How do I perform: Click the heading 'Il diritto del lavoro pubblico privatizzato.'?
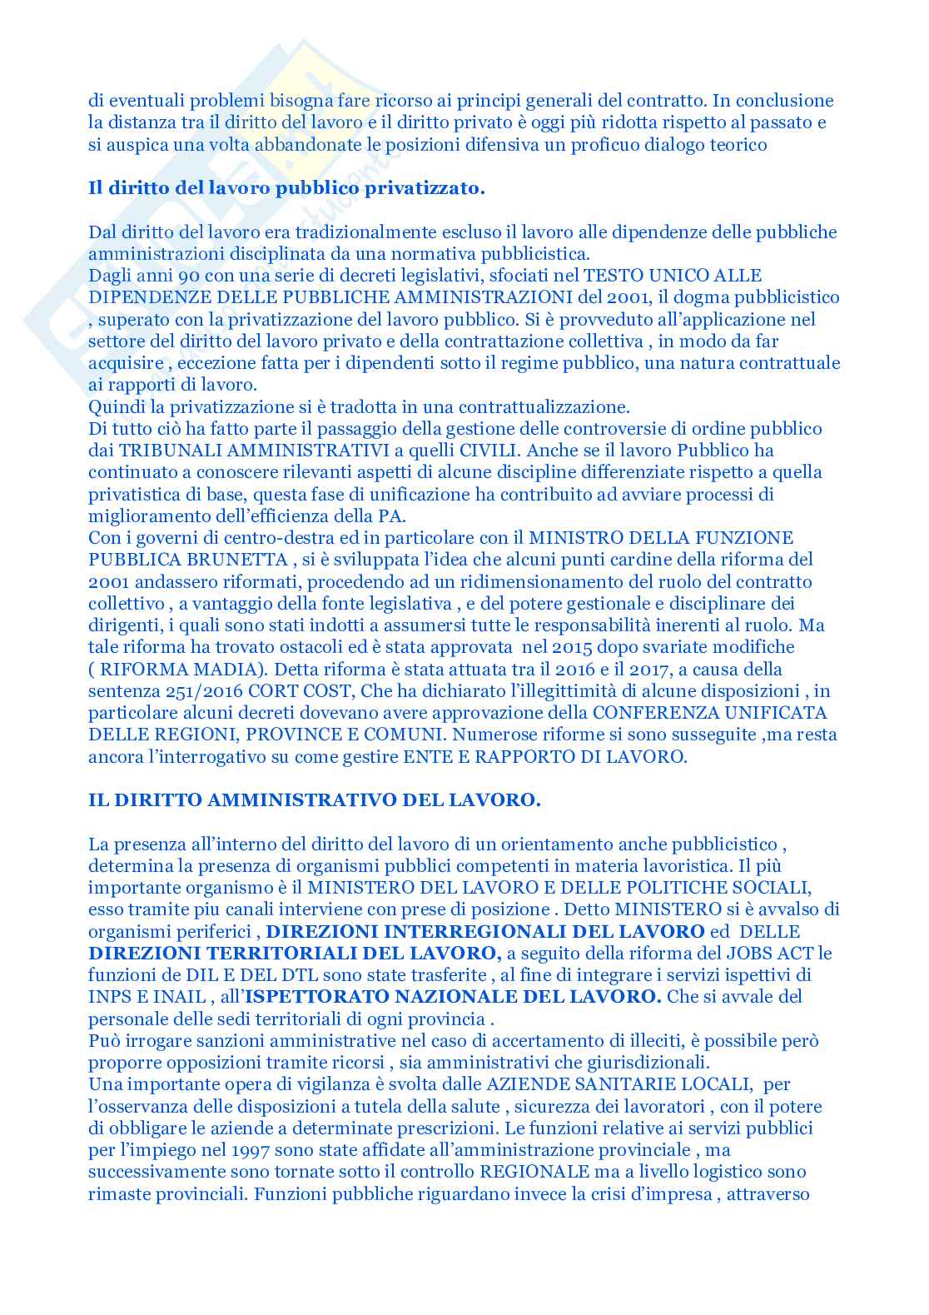pyautogui.click(x=286, y=188)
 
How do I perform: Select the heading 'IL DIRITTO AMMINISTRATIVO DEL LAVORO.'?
pyautogui.click(x=315, y=800)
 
